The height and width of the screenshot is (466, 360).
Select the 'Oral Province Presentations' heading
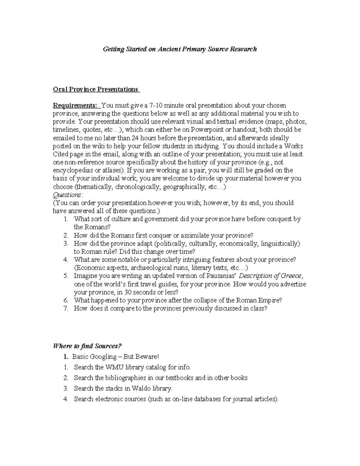click(x=95, y=89)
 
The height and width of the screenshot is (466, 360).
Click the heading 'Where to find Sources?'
click(x=87, y=346)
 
